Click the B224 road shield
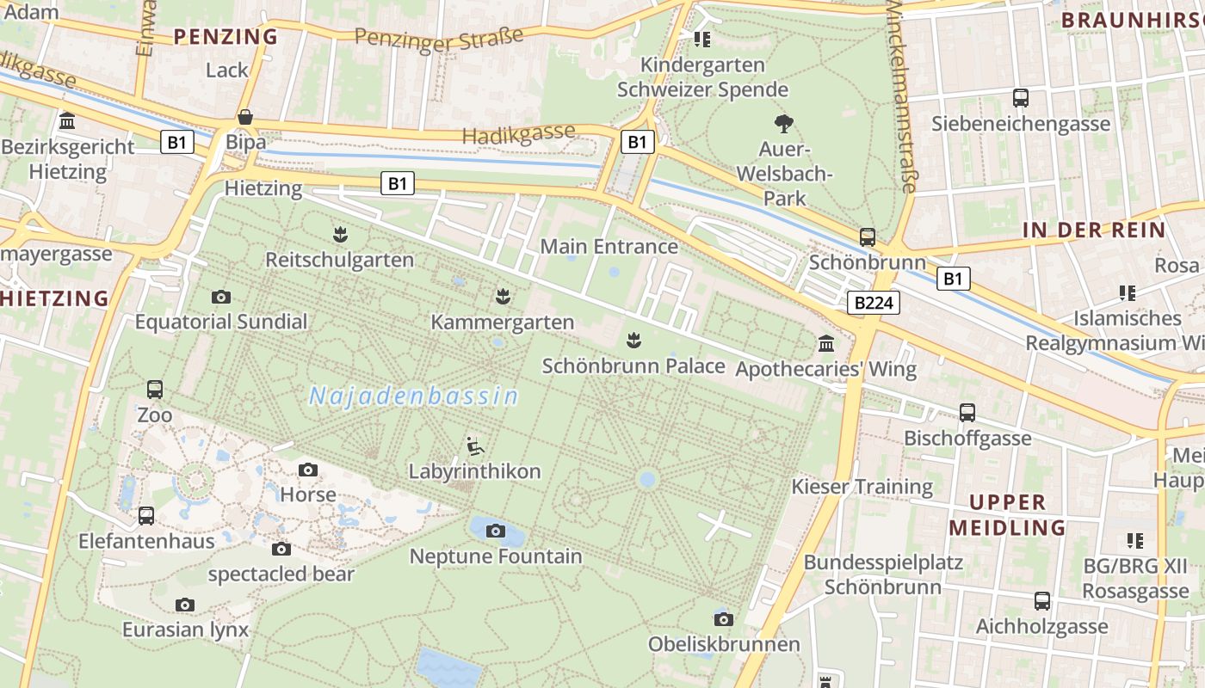coord(874,303)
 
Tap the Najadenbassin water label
coord(414,396)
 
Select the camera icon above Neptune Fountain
coord(495,531)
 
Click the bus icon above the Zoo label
coord(155,390)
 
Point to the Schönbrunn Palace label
coord(633,365)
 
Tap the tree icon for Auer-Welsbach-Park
coord(783,124)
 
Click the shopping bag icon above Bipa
coord(245,117)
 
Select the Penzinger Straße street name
coord(439,40)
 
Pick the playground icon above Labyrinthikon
coord(474,446)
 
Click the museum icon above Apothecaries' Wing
coord(826,344)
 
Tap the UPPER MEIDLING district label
coord(1007,514)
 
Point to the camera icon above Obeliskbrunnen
coord(724,619)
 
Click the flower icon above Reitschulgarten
coord(340,234)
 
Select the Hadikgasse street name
coord(518,134)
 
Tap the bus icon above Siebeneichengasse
coord(1021,98)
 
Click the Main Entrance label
coord(609,247)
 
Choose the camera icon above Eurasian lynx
coord(185,605)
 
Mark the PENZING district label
coord(226,36)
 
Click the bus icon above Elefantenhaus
coord(146,516)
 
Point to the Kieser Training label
coord(862,487)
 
